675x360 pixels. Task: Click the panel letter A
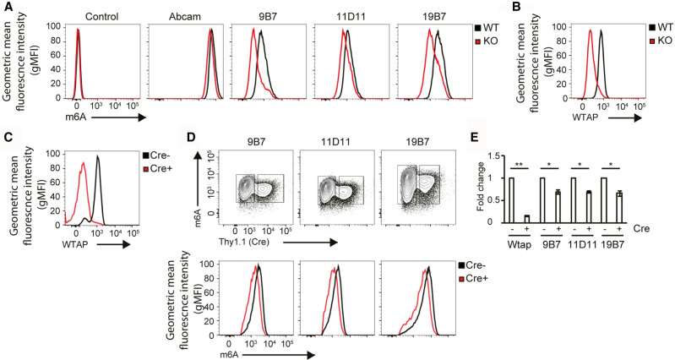6,8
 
